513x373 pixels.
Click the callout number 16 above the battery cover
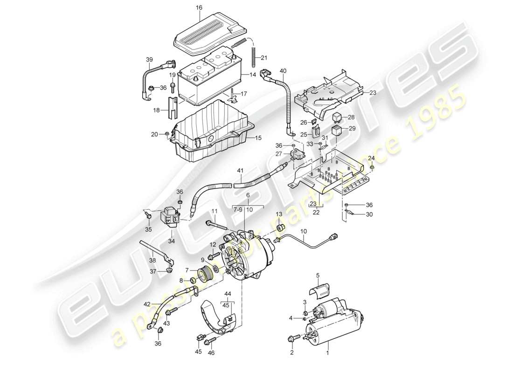(200, 8)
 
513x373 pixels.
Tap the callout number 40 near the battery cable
(283, 70)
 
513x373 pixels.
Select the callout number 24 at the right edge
(371, 157)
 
